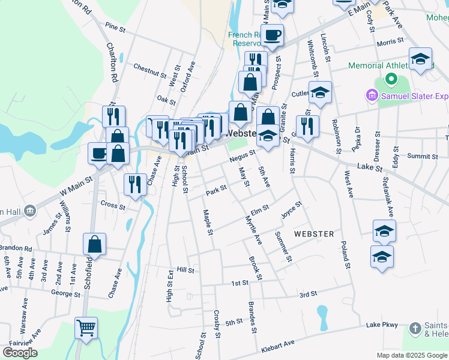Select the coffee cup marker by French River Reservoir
click(272, 34)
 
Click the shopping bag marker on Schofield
click(95, 244)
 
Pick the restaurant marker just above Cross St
click(135, 184)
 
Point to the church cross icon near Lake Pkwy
click(415, 328)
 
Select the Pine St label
click(115, 27)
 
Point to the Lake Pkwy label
click(382, 325)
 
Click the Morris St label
click(390, 42)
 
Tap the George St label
click(65, 294)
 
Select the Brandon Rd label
click(14, 248)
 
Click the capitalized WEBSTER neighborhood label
click(313, 233)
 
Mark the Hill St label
click(186, 271)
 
